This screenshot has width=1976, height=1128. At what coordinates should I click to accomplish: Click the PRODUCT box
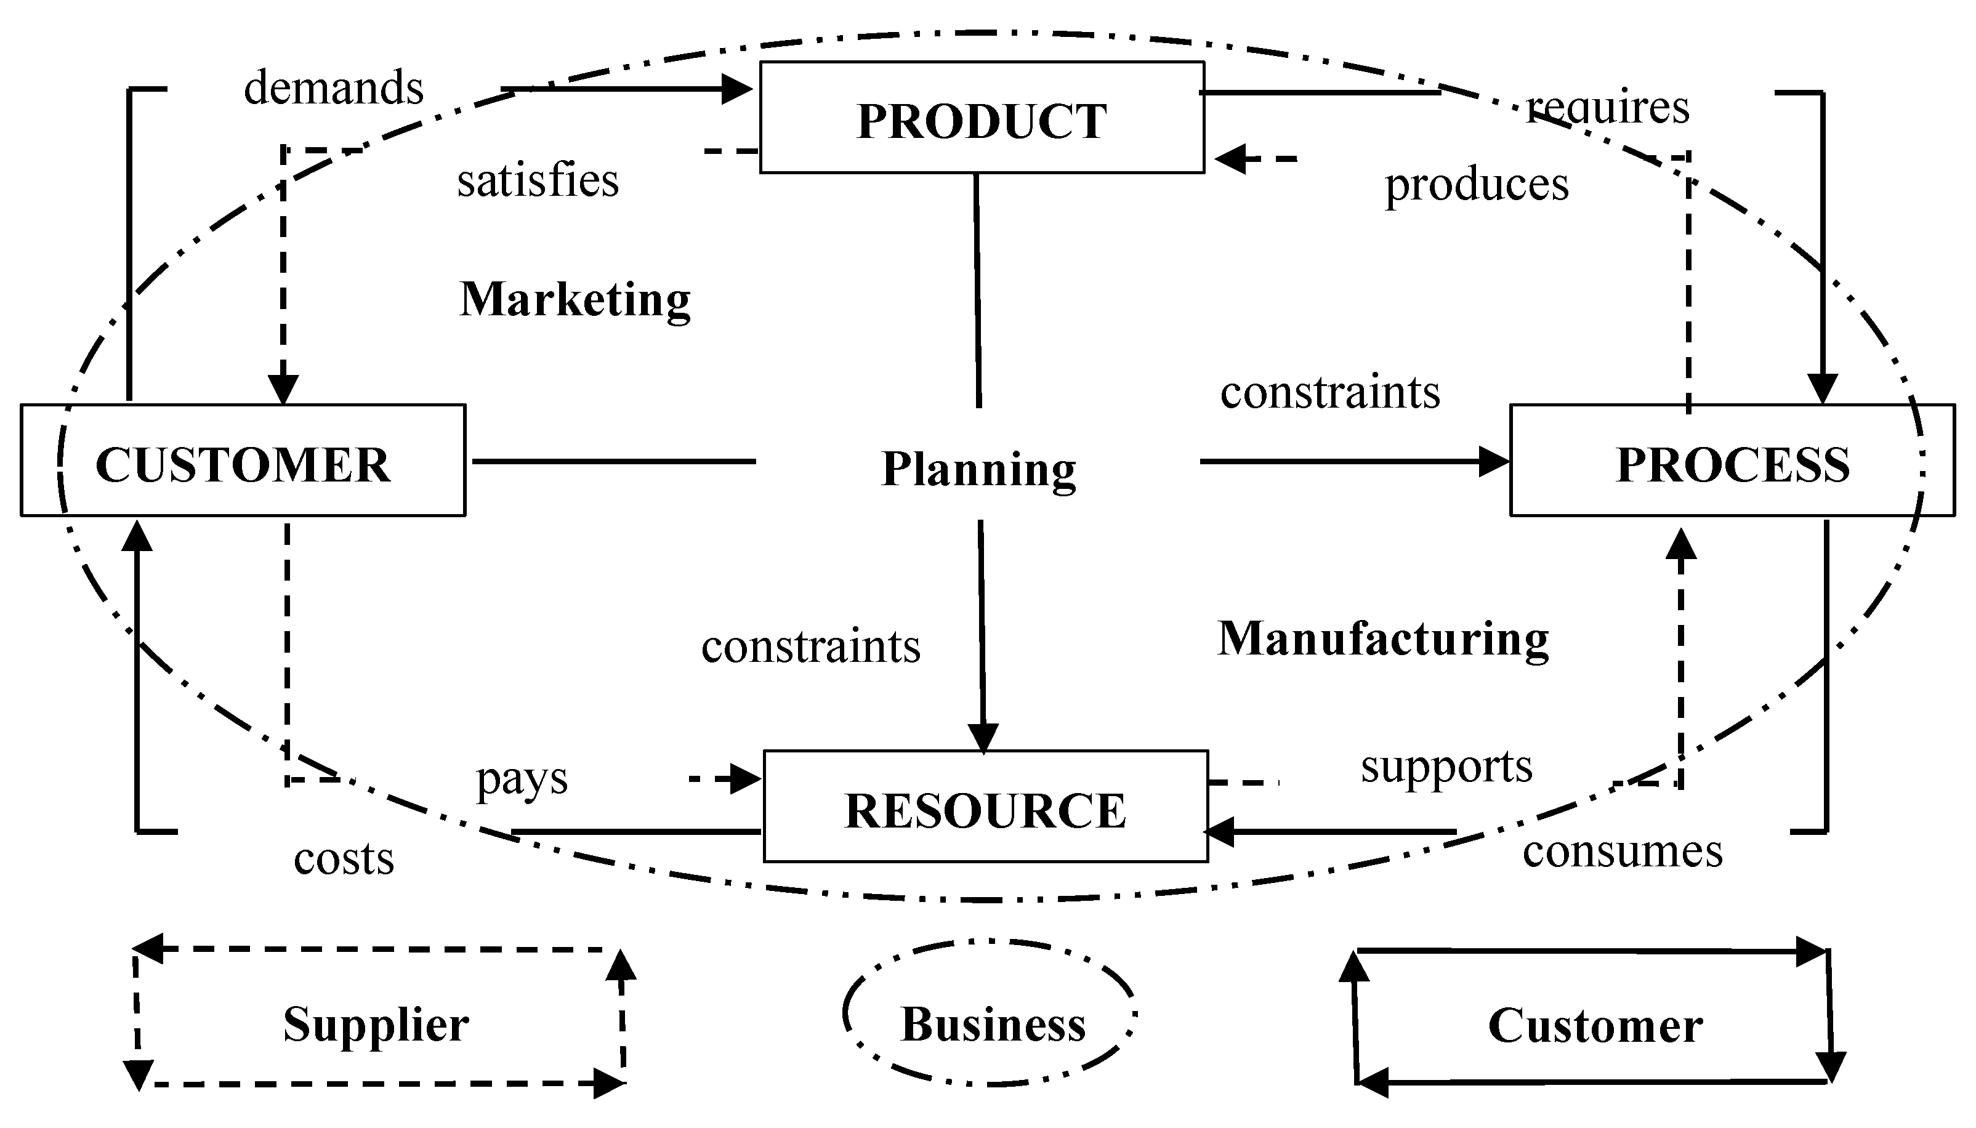(x=982, y=118)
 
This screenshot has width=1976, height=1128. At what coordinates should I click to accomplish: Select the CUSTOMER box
(x=243, y=461)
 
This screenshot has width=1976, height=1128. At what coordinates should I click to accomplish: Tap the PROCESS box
(x=1732, y=461)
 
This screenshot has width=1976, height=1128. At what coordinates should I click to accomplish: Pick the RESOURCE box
(x=985, y=807)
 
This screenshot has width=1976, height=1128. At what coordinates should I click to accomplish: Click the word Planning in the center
(x=978, y=468)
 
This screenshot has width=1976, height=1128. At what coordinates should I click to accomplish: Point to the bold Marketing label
(x=575, y=299)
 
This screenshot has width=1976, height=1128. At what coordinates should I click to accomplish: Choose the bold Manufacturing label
(x=1382, y=639)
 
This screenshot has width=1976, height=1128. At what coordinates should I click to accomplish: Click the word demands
(x=334, y=87)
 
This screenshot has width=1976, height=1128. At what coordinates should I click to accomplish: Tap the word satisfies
(x=538, y=180)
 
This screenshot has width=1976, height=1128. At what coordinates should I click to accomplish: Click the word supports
(x=1446, y=767)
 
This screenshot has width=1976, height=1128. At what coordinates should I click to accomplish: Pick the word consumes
(x=1622, y=851)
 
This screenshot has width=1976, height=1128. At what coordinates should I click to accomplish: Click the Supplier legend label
(x=376, y=1023)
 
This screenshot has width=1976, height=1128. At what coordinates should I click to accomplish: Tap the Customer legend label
(x=1595, y=1025)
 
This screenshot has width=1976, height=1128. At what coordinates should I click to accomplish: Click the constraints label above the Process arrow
(x=1330, y=391)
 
